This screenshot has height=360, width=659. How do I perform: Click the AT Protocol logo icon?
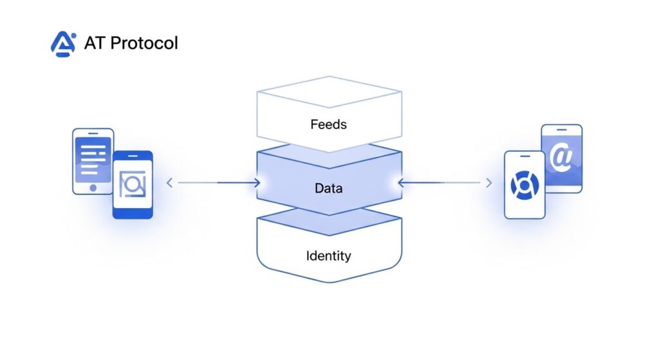click(63, 44)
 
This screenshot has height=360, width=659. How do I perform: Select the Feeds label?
click(328, 124)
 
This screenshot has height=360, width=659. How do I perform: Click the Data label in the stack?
click(328, 189)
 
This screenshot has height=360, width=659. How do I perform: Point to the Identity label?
click(328, 256)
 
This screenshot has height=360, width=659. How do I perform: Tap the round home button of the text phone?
click(93, 188)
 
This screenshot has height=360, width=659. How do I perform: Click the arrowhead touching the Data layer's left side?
click(257, 184)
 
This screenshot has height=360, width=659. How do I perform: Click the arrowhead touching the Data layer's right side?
click(401, 184)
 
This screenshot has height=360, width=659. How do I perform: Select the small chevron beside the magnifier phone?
click(170, 184)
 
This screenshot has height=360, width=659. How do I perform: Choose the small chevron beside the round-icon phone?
click(488, 184)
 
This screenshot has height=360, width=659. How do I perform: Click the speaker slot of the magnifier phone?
click(133, 157)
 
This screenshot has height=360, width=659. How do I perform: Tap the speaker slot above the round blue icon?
click(524, 157)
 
